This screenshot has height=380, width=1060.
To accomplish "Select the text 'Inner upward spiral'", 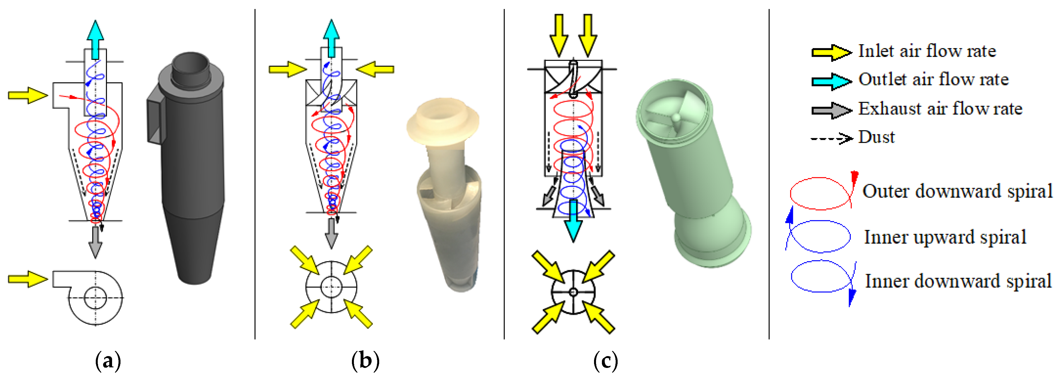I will [x=945, y=237].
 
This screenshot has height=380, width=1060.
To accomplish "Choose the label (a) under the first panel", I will [x=108, y=361].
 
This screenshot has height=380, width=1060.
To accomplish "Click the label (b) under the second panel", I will [x=365, y=361].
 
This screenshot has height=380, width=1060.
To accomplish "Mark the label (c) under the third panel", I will [x=605, y=361].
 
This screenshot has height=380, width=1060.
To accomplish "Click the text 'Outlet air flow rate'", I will [x=933, y=80].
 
